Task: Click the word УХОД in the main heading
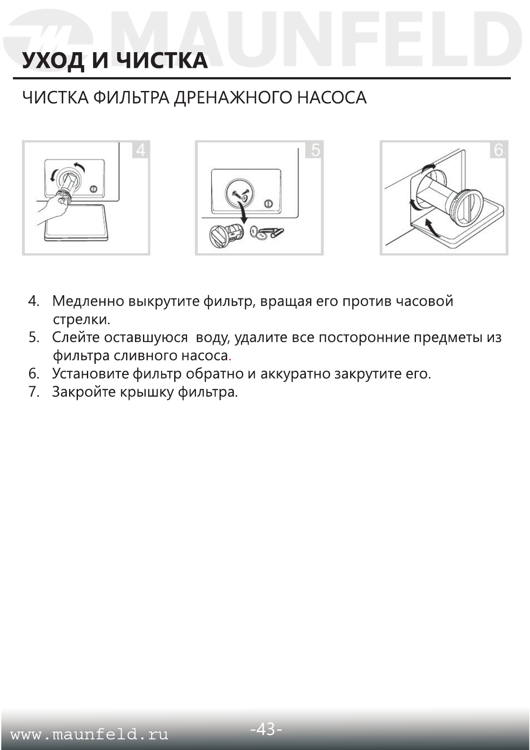click(53, 61)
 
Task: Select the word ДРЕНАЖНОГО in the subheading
click(233, 98)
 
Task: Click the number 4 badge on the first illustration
click(140, 150)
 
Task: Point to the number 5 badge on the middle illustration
click(315, 150)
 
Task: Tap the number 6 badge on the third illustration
click(499, 150)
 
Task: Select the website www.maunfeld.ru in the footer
click(89, 734)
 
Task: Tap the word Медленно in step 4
click(88, 301)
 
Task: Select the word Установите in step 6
click(90, 374)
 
